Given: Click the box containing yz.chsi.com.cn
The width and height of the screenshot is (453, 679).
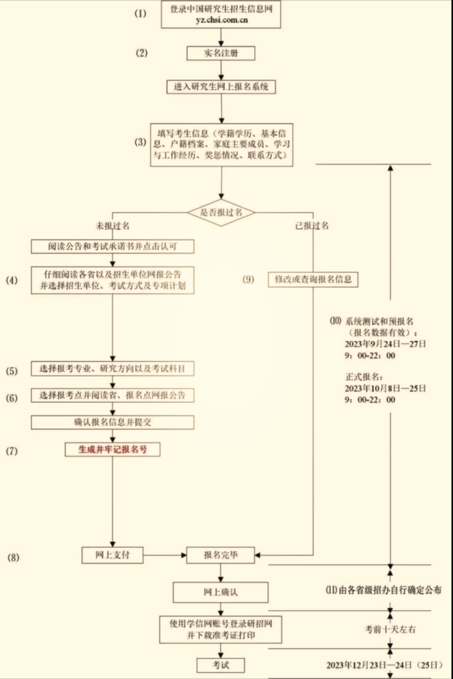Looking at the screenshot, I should point(221,14).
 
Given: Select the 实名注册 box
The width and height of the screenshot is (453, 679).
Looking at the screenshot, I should point(221,53).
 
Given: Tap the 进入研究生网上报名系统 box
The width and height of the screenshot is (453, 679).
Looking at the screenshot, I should point(221,87).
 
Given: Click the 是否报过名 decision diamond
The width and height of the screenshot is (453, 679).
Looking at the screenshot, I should point(221,213).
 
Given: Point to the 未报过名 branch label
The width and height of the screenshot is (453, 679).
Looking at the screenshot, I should point(112,226).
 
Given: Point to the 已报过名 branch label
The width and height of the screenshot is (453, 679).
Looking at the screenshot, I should point(312,226).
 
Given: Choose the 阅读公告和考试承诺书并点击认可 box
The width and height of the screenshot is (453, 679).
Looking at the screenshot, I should point(112,246).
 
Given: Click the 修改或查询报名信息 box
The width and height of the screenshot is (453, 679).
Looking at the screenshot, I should point(313,279).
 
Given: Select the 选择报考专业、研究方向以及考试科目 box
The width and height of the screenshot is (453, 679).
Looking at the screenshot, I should point(112,369).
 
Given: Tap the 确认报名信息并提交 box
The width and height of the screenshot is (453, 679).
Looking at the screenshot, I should point(112,422).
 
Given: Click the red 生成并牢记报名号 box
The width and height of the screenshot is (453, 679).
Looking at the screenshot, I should point(112,450).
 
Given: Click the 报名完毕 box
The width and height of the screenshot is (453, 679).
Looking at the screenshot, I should point(221,555).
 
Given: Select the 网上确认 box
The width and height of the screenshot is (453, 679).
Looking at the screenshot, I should point(221,591).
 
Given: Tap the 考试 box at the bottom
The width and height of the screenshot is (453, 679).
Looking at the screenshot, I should point(221,665).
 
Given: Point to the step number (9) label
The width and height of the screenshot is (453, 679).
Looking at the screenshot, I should point(249,279).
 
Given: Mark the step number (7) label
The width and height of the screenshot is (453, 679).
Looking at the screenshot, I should point(12,450).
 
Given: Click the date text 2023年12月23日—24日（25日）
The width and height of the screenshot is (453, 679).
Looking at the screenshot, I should point(375,665).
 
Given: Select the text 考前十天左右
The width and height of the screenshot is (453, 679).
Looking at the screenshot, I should point(390,628).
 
